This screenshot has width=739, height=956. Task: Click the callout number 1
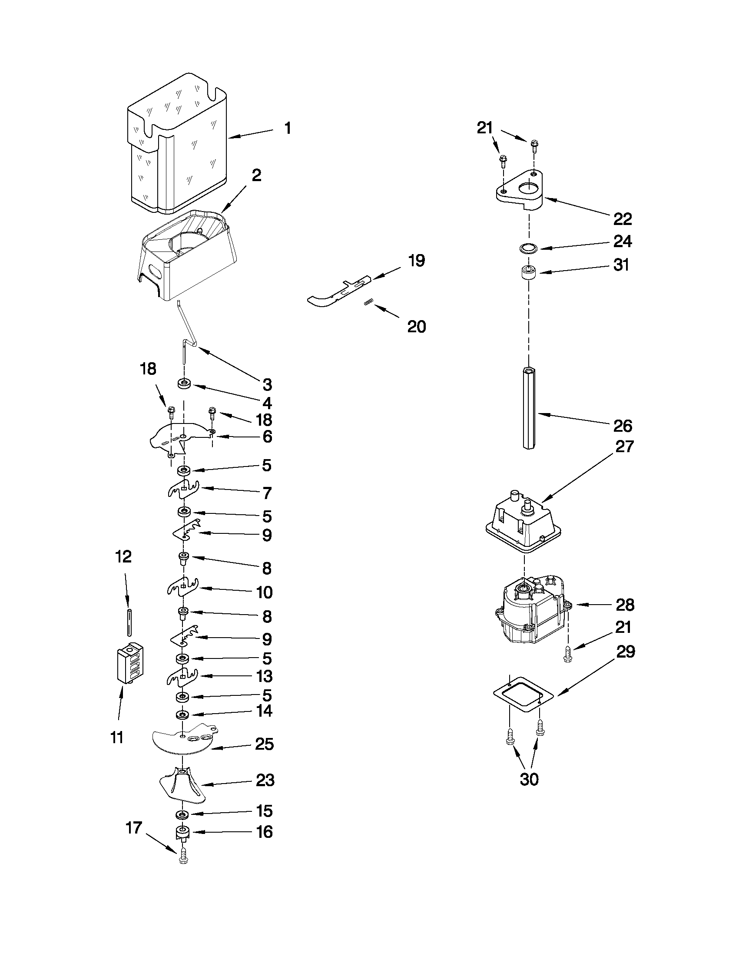pyautogui.click(x=287, y=128)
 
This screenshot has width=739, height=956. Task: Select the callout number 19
pyautogui.click(x=416, y=261)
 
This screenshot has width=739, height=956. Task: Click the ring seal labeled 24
pyautogui.click(x=529, y=248)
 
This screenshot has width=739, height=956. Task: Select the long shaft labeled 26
pyautogui.click(x=529, y=407)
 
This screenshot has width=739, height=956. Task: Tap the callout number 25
pyautogui.click(x=265, y=744)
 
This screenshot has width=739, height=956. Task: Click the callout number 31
pyautogui.click(x=621, y=265)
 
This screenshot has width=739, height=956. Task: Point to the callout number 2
pyautogui.click(x=256, y=175)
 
